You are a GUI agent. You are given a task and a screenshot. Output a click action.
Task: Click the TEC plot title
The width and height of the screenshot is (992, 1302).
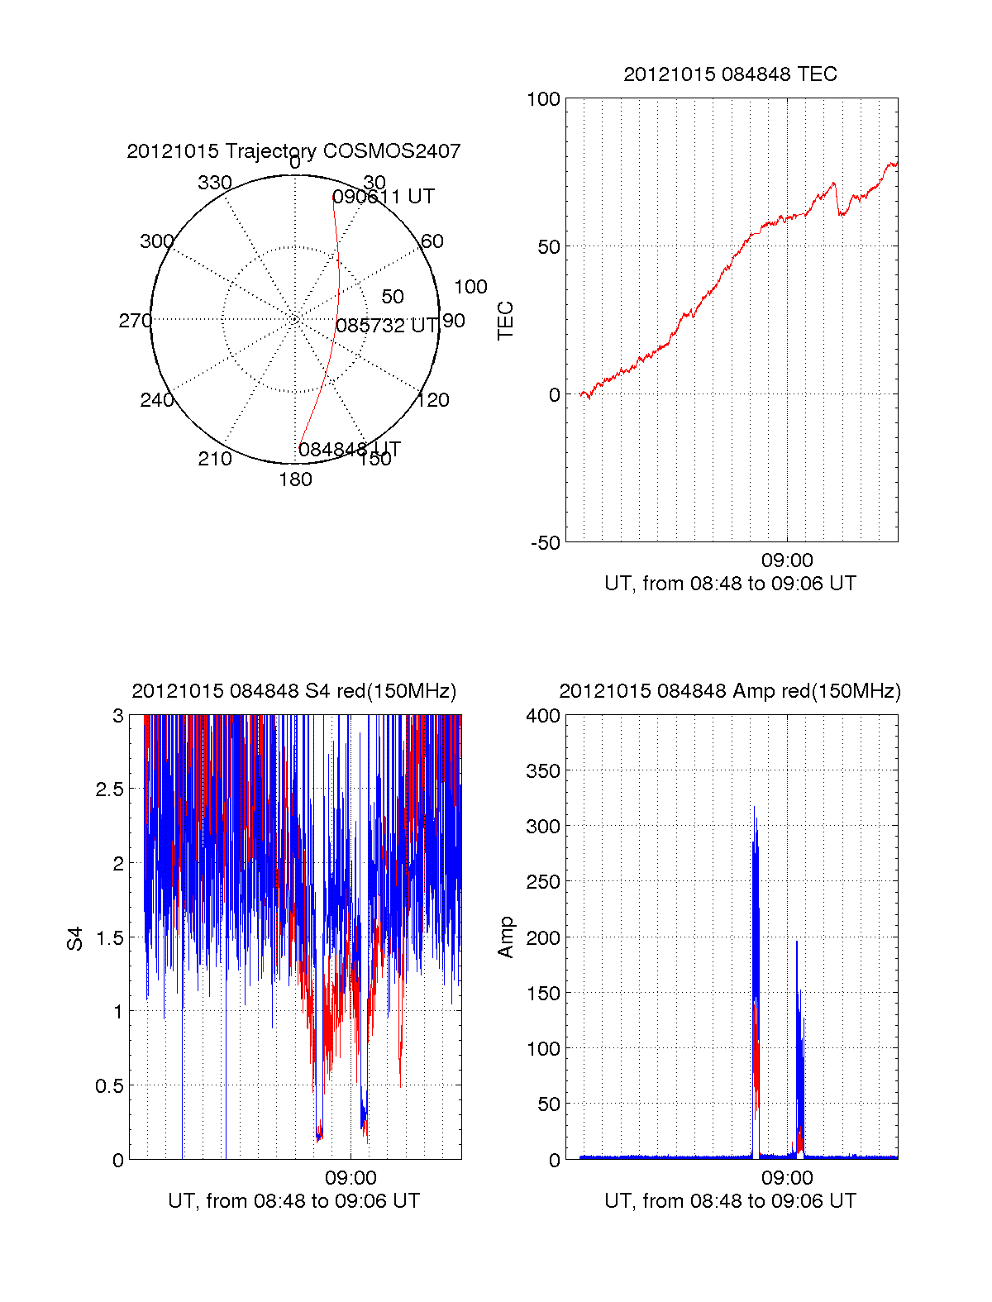[730, 74]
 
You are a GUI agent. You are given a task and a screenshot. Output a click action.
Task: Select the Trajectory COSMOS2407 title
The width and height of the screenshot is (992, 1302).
[293, 151]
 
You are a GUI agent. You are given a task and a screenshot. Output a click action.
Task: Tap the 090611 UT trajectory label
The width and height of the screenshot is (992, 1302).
[383, 197]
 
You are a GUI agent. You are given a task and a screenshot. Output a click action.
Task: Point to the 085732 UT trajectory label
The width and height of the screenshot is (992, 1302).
[387, 326]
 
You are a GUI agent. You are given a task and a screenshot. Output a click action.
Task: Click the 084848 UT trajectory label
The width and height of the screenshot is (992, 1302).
[349, 449]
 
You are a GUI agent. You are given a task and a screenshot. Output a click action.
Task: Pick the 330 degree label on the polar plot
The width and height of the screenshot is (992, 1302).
[214, 183]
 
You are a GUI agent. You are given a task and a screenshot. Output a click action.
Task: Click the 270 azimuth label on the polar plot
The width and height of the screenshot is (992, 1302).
[135, 321]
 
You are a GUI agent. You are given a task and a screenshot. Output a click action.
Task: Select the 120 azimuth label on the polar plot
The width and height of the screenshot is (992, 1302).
[433, 400]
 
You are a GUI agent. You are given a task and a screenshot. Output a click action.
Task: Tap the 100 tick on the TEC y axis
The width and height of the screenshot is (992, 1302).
[543, 99]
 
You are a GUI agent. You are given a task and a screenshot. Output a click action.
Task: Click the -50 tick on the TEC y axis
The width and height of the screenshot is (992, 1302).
[546, 543]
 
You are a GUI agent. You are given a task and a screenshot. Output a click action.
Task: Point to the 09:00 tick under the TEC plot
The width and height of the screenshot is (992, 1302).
[787, 560]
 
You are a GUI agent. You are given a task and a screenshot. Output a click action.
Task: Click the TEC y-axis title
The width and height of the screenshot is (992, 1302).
[505, 321]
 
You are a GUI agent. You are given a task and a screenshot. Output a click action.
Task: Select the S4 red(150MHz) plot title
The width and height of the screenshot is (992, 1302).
[293, 691]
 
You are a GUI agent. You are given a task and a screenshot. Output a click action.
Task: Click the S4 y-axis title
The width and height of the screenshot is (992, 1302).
[75, 938]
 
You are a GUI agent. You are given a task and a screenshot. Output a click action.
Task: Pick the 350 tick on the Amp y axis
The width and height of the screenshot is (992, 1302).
[543, 771]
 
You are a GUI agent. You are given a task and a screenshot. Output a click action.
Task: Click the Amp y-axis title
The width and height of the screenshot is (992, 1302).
[505, 937]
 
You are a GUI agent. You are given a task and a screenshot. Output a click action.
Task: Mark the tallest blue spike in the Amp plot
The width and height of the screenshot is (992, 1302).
[754, 808]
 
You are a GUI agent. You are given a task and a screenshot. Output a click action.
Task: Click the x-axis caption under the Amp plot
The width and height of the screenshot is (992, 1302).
[730, 1201]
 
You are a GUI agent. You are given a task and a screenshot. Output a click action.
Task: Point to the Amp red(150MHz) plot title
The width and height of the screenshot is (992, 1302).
[730, 691]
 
